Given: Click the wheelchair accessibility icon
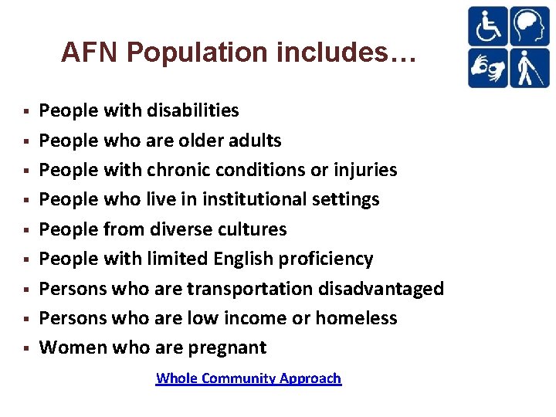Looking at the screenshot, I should pyautogui.click(x=487, y=26).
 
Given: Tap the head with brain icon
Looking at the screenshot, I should pyautogui.click(x=528, y=26).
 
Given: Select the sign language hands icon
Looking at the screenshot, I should pyautogui.click(x=487, y=68).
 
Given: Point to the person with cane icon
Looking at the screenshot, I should pyautogui.click(x=528, y=68).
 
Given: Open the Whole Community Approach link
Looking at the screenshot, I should pyautogui.click(x=249, y=378).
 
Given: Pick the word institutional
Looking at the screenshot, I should pyautogui.click(x=254, y=199).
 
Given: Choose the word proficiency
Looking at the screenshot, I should pyautogui.click(x=327, y=259).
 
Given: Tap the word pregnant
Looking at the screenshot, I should pyautogui.click(x=229, y=347).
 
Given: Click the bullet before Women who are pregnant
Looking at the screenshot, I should pyautogui.click(x=27, y=348).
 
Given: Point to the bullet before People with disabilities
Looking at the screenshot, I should pyautogui.click(x=27, y=111).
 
